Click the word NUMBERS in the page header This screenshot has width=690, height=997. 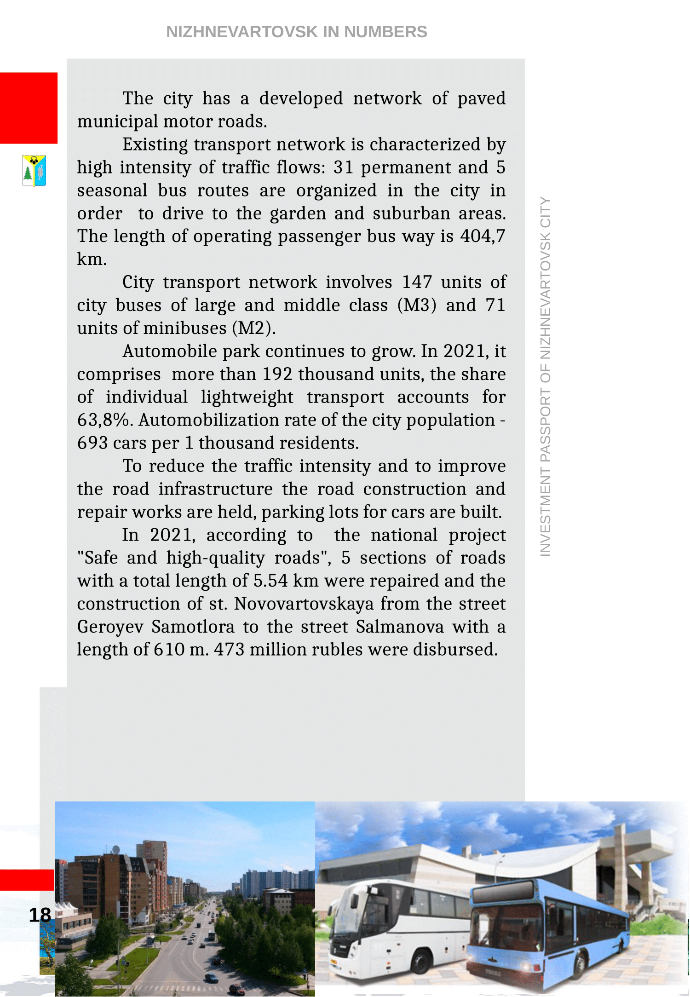pyautogui.click(x=385, y=32)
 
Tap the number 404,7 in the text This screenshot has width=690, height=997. pyautogui.click(x=483, y=236)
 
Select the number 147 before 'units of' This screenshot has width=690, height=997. pyautogui.click(x=417, y=282)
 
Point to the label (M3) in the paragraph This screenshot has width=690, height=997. pyautogui.click(x=417, y=305)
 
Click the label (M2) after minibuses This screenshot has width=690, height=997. pyautogui.click(x=254, y=328)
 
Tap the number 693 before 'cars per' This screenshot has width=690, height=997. pyautogui.click(x=92, y=443)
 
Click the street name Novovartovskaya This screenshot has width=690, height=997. pyautogui.click(x=304, y=604)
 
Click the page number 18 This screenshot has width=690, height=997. pyautogui.click(x=40, y=915)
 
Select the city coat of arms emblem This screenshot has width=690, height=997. pyautogui.click(x=34, y=171)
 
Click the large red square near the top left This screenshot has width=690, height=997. pyautogui.click(x=29, y=108)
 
